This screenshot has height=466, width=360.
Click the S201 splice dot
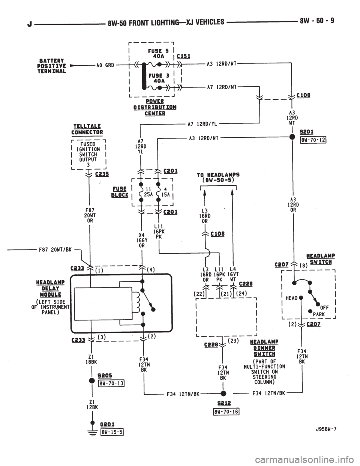tap(292, 137)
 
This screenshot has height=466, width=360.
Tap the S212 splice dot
tap(223, 393)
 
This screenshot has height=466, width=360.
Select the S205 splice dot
tap(92, 381)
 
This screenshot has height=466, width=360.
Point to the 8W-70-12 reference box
tap(313, 140)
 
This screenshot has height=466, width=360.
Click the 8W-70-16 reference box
tap(225, 412)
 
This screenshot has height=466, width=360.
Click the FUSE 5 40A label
tap(159, 53)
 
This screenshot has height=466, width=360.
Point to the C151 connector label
tap(184, 56)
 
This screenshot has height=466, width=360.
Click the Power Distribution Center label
tap(155, 107)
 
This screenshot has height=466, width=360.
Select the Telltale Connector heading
tap(87, 129)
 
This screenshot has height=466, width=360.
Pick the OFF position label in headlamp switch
tap(324, 308)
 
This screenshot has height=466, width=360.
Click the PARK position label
tap(319, 314)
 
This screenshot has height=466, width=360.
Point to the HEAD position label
tap(292, 298)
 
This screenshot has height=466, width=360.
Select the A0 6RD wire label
tap(105, 65)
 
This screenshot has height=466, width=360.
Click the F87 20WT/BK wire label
tap(55, 250)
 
